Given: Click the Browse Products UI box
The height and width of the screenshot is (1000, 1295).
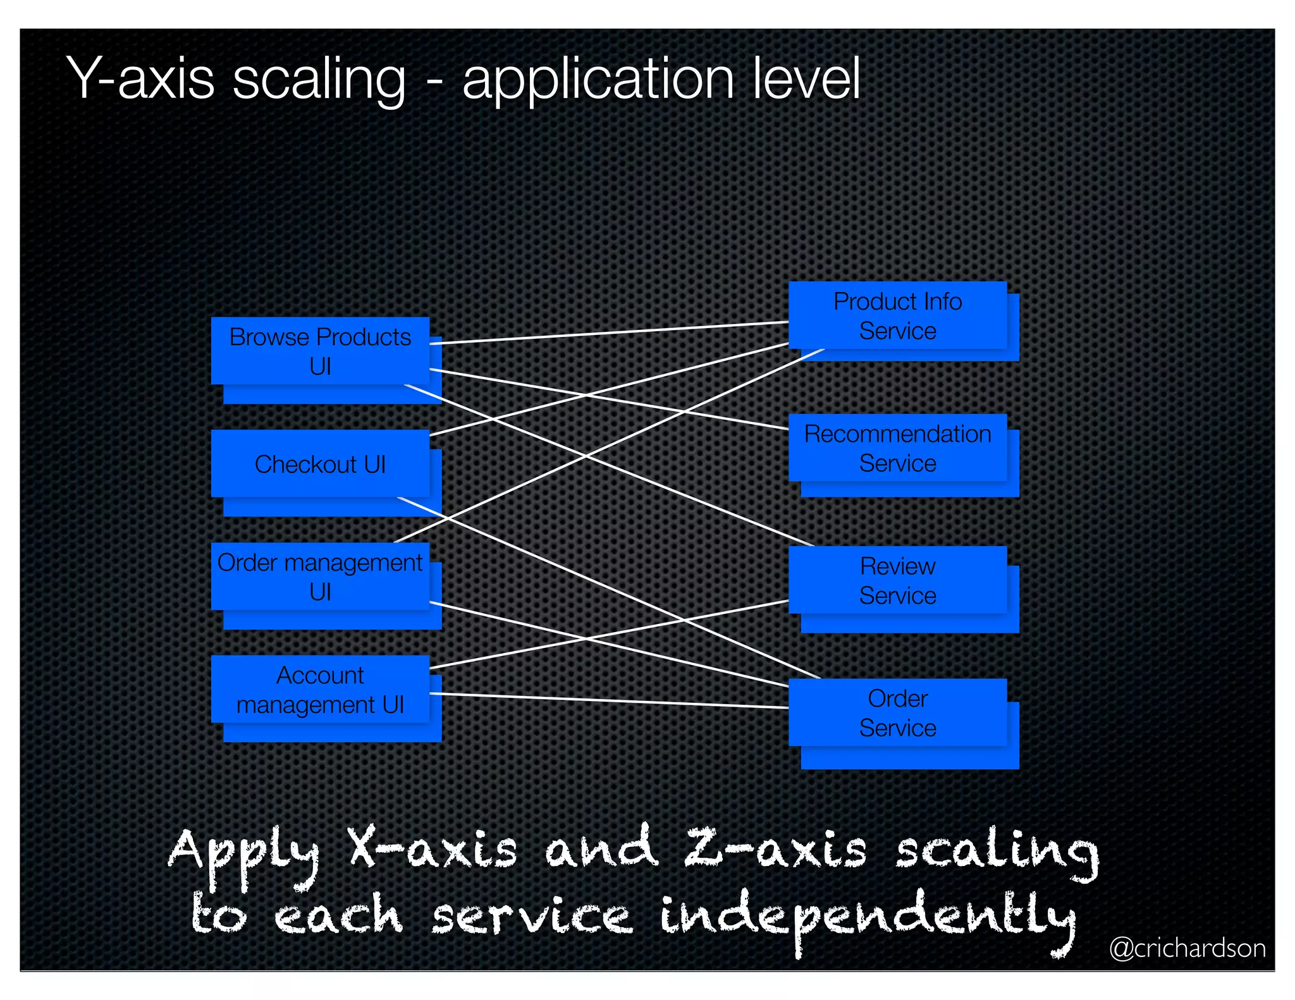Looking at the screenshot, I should pyautogui.click(x=320, y=351).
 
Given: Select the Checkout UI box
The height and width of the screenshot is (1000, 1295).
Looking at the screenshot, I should pyautogui.click(x=320, y=464).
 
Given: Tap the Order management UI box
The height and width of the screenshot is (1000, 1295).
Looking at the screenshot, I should pyautogui.click(x=320, y=576).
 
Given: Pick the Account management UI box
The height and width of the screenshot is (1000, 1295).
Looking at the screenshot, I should pyautogui.click(x=320, y=689).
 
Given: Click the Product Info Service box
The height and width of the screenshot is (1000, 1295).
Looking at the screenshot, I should pyautogui.click(x=897, y=315).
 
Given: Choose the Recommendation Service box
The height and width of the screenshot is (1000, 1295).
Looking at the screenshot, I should pyautogui.click(x=897, y=448).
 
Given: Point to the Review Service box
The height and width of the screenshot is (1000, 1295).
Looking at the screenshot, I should pyautogui.click(x=897, y=580).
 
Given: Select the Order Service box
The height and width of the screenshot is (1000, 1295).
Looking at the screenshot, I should pyautogui.click(x=897, y=712).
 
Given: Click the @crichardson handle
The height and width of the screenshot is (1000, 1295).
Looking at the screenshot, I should pyautogui.click(x=1187, y=948).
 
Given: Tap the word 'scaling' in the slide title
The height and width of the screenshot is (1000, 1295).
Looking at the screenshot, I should pyautogui.click(x=319, y=80).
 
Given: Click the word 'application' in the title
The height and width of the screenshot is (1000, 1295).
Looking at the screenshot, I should pyautogui.click(x=598, y=80).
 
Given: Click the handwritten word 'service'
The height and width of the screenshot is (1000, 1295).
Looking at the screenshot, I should pyautogui.click(x=531, y=917).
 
